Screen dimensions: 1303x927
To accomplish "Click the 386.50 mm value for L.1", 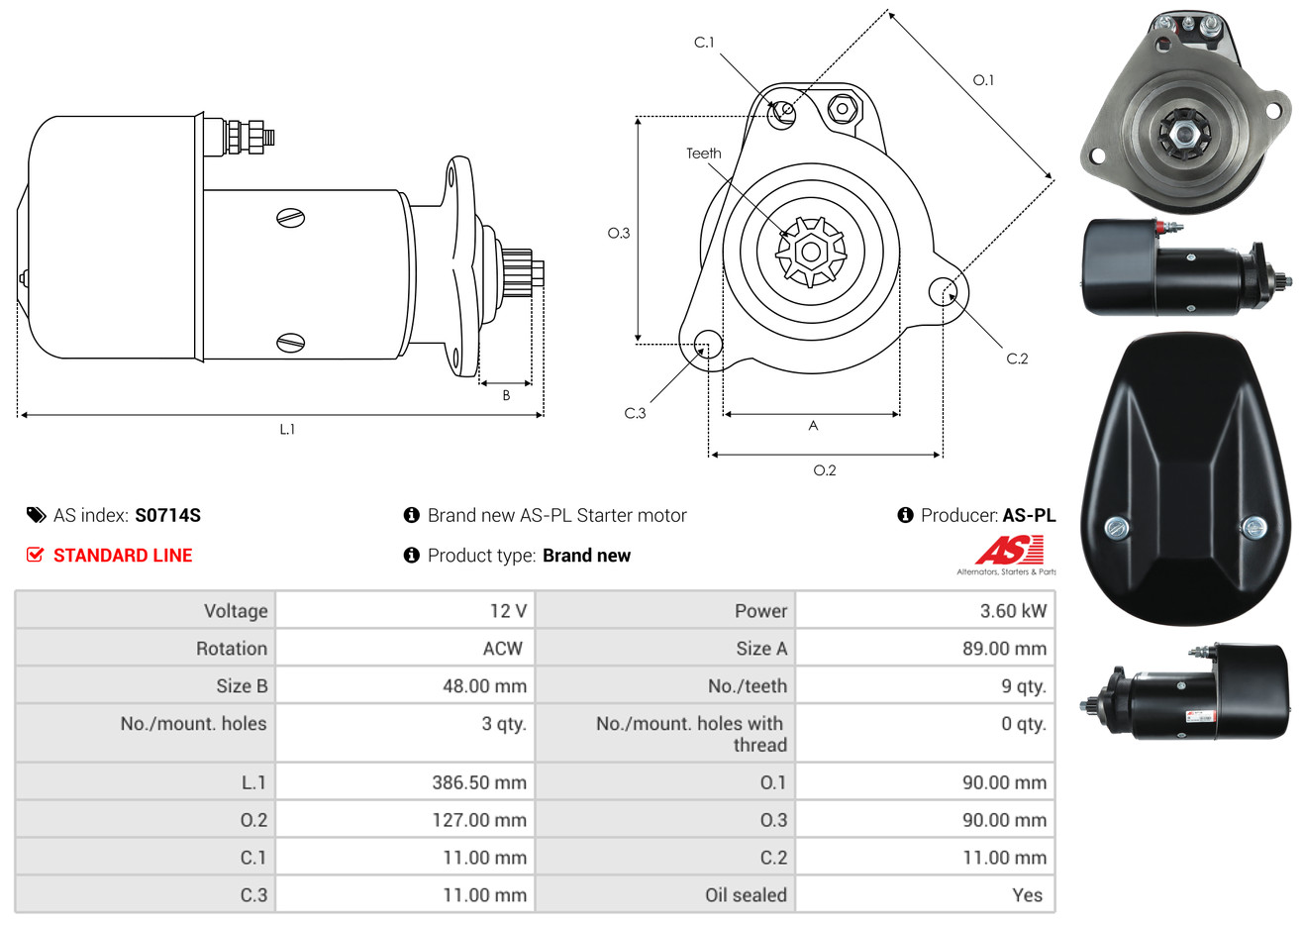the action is (x=479, y=782).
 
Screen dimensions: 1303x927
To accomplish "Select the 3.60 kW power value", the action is (x=1013, y=611).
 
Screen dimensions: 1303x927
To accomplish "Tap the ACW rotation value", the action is (x=503, y=649).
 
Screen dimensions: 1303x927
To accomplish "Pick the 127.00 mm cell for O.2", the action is (x=479, y=820).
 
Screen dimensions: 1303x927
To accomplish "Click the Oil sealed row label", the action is (x=746, y=895).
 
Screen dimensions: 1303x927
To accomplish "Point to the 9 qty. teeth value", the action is (x=1024, y=686).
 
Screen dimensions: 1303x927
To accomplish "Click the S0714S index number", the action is (x=167, y=516).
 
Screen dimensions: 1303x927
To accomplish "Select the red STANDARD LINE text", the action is (x=123, y=556).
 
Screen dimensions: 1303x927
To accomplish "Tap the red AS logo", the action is (x=1009, y=550).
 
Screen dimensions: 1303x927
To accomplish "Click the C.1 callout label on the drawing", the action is (x=704, y=43).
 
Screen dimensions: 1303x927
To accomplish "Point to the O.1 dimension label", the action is (x=983, y=80).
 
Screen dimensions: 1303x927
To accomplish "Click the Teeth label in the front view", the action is (x=703, y=154).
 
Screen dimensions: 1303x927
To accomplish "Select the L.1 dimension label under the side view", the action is (x=287, y=430).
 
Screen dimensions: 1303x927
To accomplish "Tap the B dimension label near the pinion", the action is (x=506, y=396).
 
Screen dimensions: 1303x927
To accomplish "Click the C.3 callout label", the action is (x=635, y=413).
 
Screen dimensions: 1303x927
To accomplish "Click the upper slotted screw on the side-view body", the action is (x=291, y=218).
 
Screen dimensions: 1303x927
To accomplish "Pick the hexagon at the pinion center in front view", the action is (x=811, y=252).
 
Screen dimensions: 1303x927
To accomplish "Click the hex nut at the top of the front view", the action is (x=842, y=108).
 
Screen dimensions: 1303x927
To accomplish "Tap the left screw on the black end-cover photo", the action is (x=1116, y=529).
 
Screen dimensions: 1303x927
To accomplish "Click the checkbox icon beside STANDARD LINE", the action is (x=35, y=555).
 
